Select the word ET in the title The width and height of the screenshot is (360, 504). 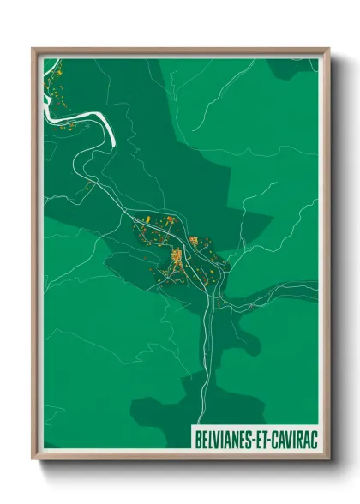point(258,436)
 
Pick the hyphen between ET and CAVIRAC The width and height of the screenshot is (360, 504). point(266,436)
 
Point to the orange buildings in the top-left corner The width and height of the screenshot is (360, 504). point(53,86)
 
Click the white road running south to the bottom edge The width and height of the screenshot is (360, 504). point(203,386)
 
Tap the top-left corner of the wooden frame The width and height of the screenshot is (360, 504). point(33,49)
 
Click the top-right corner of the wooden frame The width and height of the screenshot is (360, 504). point(327,49)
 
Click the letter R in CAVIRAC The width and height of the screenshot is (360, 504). point(295,436)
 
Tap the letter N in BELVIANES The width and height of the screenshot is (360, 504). point(232,436)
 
